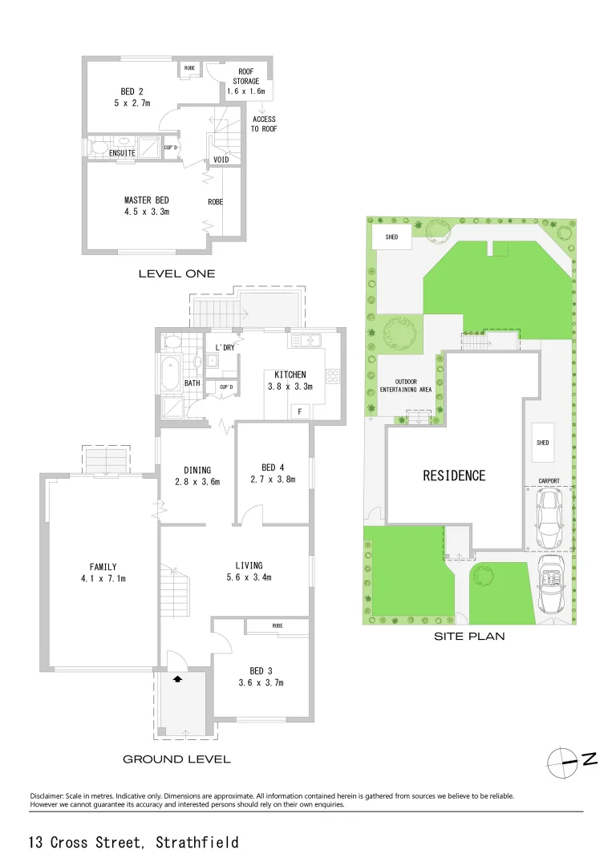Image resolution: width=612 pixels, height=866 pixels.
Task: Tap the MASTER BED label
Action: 146,200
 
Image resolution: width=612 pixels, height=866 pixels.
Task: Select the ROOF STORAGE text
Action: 246,77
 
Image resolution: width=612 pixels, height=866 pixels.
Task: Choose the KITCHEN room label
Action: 290,375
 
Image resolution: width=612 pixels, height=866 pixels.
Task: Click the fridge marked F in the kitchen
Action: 300,411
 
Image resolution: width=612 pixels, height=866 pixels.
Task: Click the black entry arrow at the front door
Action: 178,678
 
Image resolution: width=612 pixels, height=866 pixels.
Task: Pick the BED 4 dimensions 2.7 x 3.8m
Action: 274,480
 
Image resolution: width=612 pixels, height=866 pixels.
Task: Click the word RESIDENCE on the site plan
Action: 454,475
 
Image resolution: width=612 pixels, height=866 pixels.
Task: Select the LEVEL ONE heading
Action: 176,274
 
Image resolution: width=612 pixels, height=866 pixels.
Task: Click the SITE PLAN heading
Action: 468,637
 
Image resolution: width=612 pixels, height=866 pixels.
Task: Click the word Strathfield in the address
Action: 197,843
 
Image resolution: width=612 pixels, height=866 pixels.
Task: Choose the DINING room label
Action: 197,471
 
